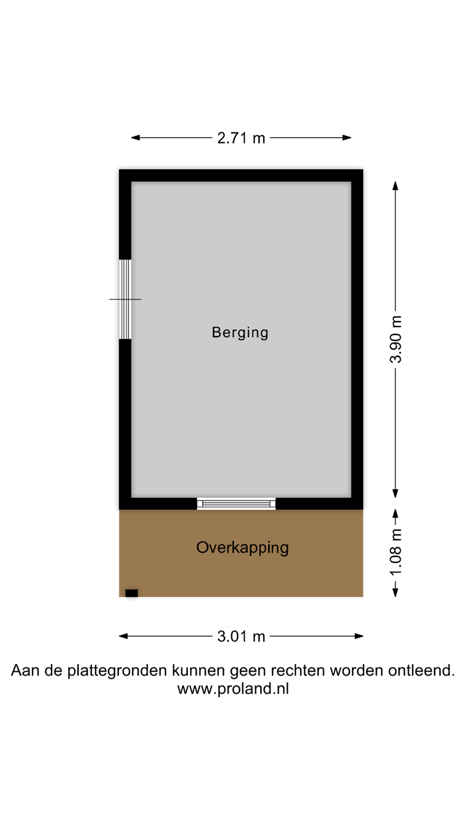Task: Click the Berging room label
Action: (x=240, y=333)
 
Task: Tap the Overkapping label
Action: (x=242, y=548)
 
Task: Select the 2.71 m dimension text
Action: (x=241, y=138)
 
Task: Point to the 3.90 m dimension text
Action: (x=396, y=339)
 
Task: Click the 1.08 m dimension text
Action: (x=396, y=552)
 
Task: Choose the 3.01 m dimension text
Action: (x=241, y=637)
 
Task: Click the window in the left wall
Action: (x=125, y=299)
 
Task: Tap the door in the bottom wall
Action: (x=236, y=504)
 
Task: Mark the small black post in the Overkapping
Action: (x=131, y=593)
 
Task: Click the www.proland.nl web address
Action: (x=233, y=688)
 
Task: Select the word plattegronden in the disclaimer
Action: (x=117, y=671)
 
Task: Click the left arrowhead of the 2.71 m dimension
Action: (x=135, y=138)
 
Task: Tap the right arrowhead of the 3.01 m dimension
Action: (x=359, y=636)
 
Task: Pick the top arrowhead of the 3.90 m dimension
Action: (x=395, y=186)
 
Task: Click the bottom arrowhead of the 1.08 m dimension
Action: (x=395, y=592)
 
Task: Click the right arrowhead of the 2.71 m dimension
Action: (x=347, y=138)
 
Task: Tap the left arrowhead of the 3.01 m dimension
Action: (x=123, y=636)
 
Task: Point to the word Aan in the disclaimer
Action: (x=25, y=670)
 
